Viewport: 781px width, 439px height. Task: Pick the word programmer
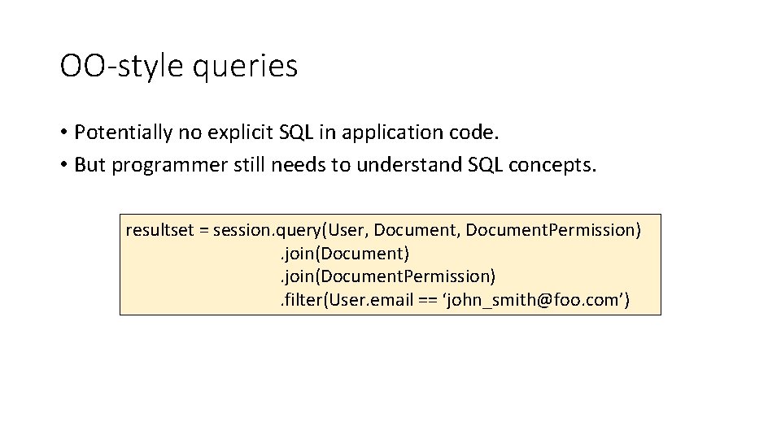tap(159, 165)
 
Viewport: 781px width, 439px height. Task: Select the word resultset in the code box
tap(159, 230)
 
